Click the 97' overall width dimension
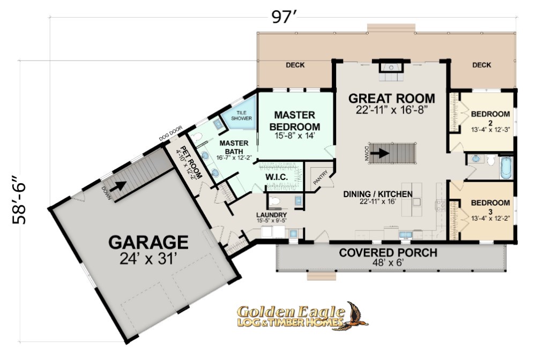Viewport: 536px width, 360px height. [284, 17]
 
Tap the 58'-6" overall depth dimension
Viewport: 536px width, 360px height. [19, 200]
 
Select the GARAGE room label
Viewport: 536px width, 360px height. [148, 242]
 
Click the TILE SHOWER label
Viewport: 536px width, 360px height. [241, 115]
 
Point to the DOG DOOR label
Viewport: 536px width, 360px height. [170, 133]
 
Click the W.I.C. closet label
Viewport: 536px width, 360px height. [277, 177]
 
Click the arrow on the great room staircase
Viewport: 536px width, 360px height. [379, 153]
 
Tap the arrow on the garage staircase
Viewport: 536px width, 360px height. [120, 186]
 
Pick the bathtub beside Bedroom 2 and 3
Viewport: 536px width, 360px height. [507, 167]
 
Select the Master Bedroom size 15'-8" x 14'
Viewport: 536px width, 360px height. [294, 136]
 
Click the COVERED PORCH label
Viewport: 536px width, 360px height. [388, 253]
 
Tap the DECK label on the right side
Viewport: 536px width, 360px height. [482, 65]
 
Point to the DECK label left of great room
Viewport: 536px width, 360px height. [295, 65]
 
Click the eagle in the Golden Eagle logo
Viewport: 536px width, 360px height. [355, 316]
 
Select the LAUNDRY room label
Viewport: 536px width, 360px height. [271, 215]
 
